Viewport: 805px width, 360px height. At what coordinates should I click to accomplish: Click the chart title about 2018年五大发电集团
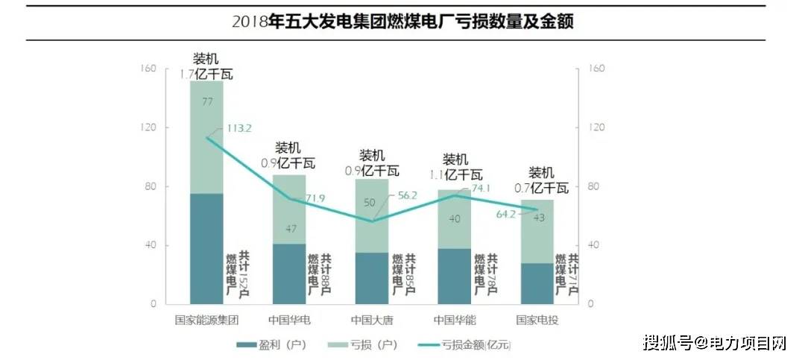point(402,21)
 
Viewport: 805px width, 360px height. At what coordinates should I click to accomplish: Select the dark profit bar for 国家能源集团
point(206,248)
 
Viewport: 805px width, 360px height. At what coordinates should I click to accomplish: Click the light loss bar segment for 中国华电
point(289,209)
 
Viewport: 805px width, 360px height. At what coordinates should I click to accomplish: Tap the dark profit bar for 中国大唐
point(372,277)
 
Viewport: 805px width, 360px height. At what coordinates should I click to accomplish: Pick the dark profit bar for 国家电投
point(537,283)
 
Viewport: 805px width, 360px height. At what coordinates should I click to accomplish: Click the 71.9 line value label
point(315,198)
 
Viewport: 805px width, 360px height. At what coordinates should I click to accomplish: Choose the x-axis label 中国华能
point(455,320)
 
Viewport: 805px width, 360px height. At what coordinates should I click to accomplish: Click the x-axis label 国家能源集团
point(206,320)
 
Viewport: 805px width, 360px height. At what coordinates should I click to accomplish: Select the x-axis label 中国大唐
point(372,320)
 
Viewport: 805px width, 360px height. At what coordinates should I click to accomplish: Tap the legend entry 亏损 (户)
point(368,345)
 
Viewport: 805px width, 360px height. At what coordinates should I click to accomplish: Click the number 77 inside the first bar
point(206,101)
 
